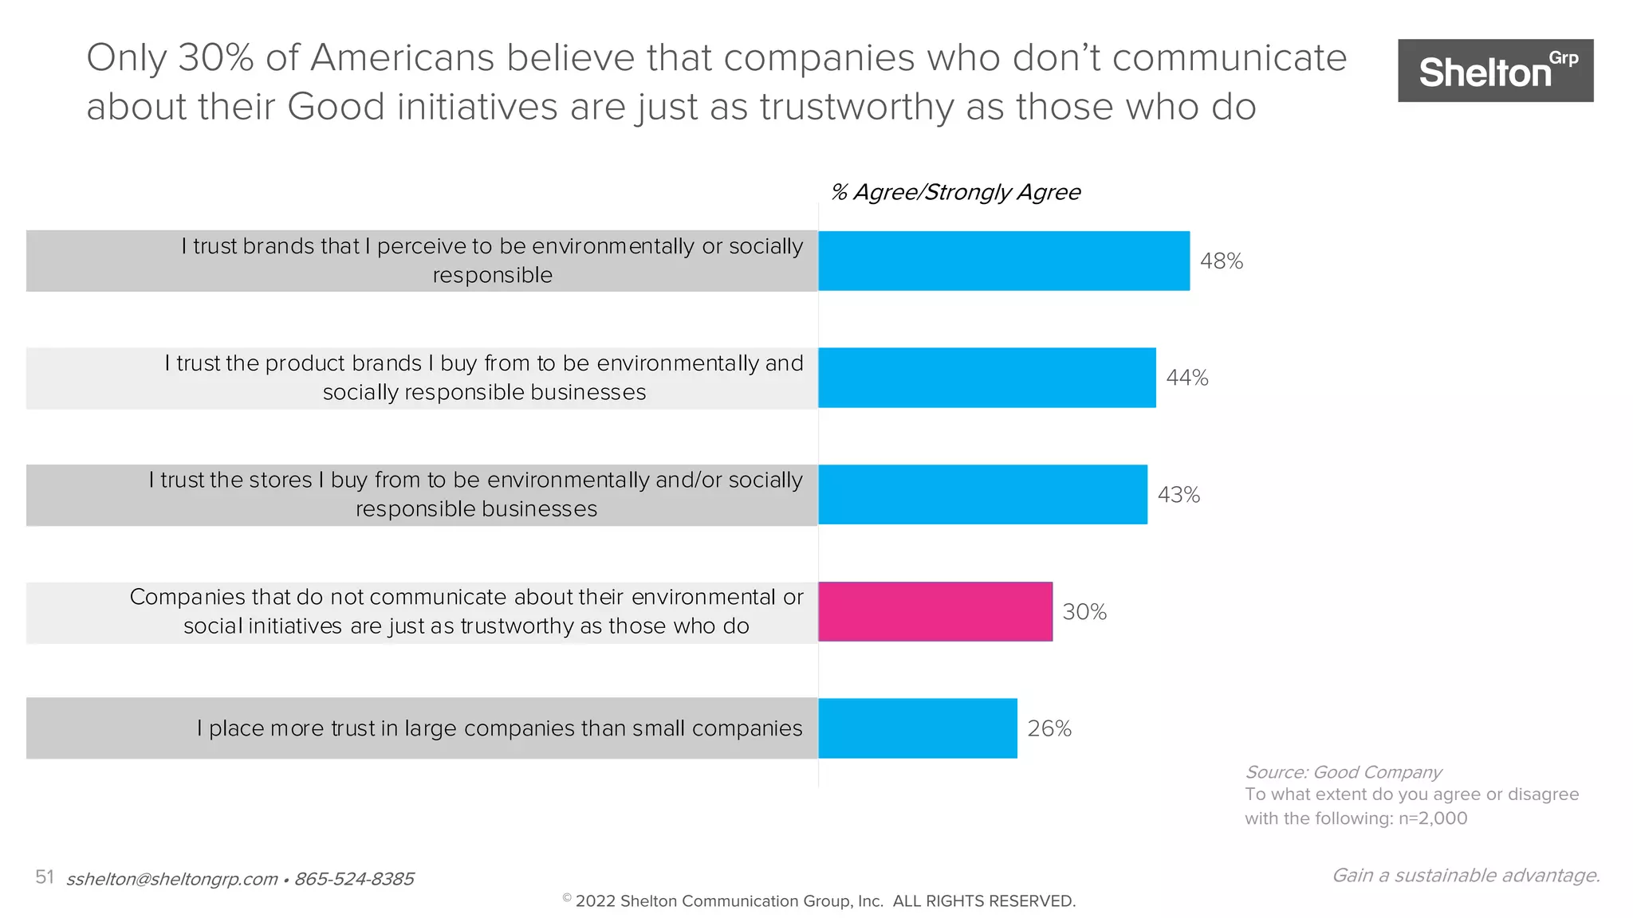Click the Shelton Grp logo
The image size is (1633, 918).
[x=1495, y=70]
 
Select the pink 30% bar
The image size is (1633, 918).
[x=935, y=611]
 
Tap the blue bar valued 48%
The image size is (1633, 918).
[x=1003, y=261]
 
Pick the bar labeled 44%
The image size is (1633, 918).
[x=986, y=377]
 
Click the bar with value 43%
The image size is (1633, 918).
[x=982, y=494]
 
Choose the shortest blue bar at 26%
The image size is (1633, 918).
[x=917, y=728]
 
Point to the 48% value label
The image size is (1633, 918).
[x=1221, y=261]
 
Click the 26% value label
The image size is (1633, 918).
[x=1049, y=728]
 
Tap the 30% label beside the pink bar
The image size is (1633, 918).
[x=1084, y=612]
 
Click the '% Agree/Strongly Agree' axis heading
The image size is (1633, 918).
[x=954, y=192]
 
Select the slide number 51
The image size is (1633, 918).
[x=44, y=877]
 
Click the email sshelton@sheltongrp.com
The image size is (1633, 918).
[x=171, y=879]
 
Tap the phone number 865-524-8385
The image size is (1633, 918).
[x=354, y=879]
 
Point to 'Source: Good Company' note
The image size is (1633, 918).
[x=1343, y=772]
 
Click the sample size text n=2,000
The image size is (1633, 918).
[x=1433, y=818]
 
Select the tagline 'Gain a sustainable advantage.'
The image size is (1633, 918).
[x=1466, y=875]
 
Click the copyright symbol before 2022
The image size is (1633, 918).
[x=567, y=898]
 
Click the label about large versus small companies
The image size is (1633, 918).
[x=499, y=728]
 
